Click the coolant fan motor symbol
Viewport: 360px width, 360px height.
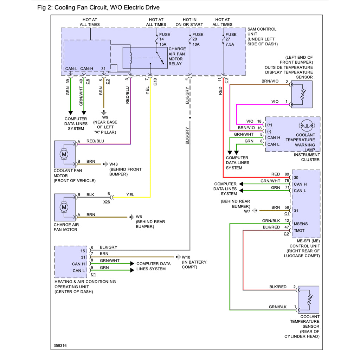pos(64,154)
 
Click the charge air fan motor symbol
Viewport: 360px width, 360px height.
pos(64,207)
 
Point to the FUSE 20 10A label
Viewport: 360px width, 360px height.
pos(198,39)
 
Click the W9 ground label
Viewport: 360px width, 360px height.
pos(105,117)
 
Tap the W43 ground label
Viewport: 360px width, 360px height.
pos(114,164)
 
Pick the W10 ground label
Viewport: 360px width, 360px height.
pos(186,257)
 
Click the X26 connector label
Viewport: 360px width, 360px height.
pos(106,202)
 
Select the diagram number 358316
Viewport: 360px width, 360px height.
pos(60,346)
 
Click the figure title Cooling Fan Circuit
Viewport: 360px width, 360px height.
pos(98,7)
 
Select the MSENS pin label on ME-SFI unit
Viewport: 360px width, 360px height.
pos(301,224)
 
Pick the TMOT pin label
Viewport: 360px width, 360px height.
pos(300,231)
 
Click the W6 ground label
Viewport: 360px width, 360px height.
pos(139,217)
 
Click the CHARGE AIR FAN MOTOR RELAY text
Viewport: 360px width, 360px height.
pos(177,56)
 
